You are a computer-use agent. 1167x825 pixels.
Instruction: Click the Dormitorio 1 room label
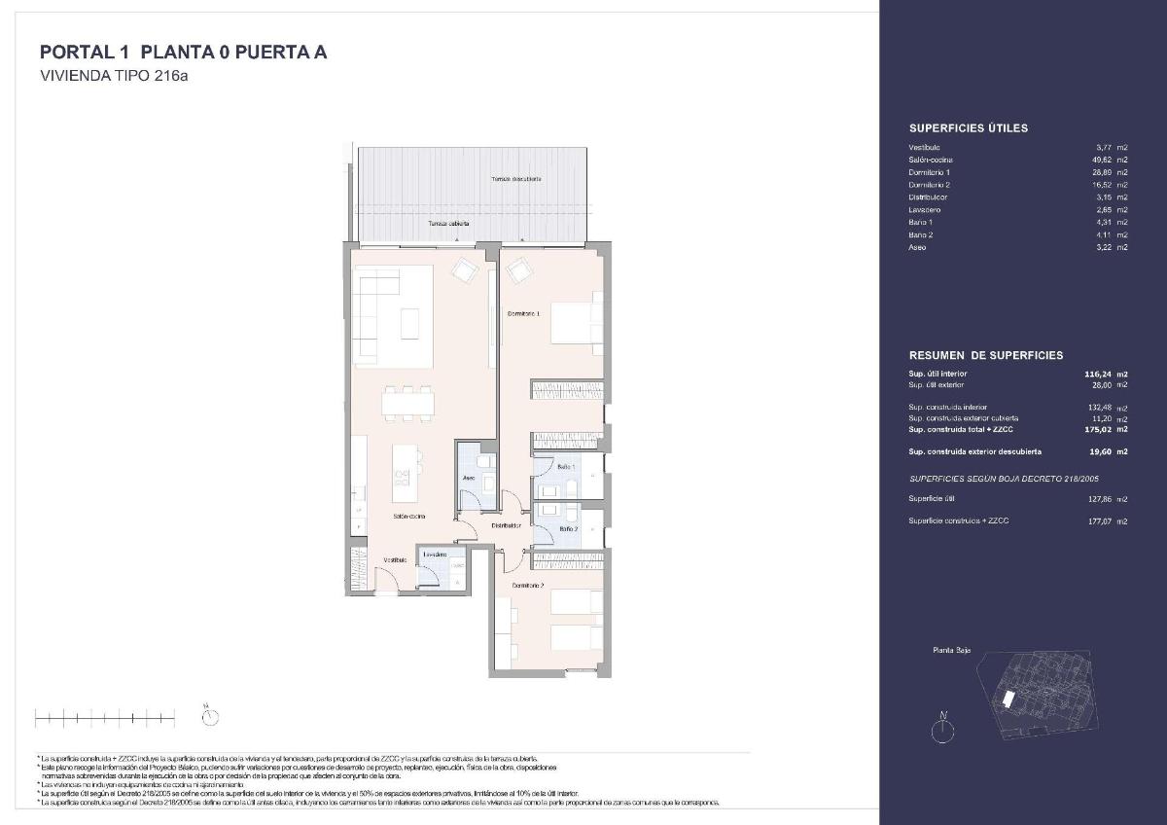point(523,313)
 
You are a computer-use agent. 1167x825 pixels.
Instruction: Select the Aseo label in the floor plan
point(468,479)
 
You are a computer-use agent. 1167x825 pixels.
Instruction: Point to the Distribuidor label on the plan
point(506,525)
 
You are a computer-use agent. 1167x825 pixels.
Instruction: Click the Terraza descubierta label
point(515,179)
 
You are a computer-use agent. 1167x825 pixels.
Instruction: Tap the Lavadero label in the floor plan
point(434,555)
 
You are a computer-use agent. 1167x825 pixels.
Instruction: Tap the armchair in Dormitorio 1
point(519,268)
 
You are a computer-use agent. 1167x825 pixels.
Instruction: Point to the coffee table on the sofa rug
point(409,321)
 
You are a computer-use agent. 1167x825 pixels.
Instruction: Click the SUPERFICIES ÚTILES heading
point(968,127)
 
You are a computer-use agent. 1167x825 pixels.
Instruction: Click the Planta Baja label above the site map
point(951,651)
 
